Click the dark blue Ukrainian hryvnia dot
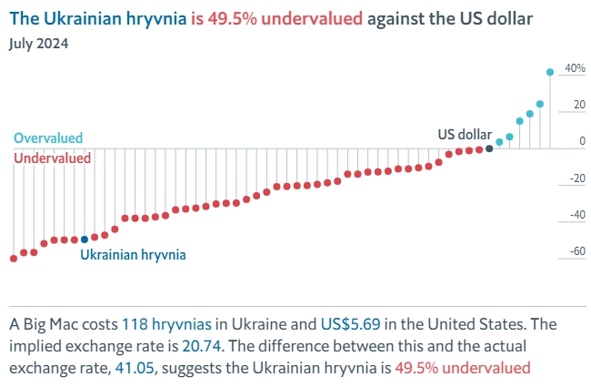click(x=85, y=239)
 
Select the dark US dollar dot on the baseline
click(x=489, y=148)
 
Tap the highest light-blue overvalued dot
click(x=550, y=72)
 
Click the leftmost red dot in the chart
click(x=14, y=259)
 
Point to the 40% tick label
click(x=575, y=68)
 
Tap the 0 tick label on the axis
click(x=581, y=142)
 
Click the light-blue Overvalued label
click(x=48, y=138)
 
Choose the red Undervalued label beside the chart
click(x=52, y=158)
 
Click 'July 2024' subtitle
click(x=39, y=43)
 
